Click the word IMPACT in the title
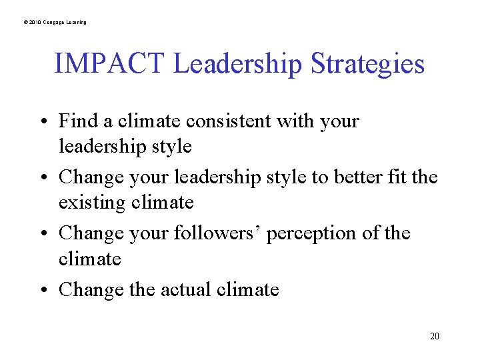point(109,65)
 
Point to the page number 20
point(435,336)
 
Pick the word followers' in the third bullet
point(220,233)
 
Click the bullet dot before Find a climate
point(43,122)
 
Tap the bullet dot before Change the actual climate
point(43,290)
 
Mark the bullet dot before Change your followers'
point(43,234)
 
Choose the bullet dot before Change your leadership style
point(43,178)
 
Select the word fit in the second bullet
point(400,177)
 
